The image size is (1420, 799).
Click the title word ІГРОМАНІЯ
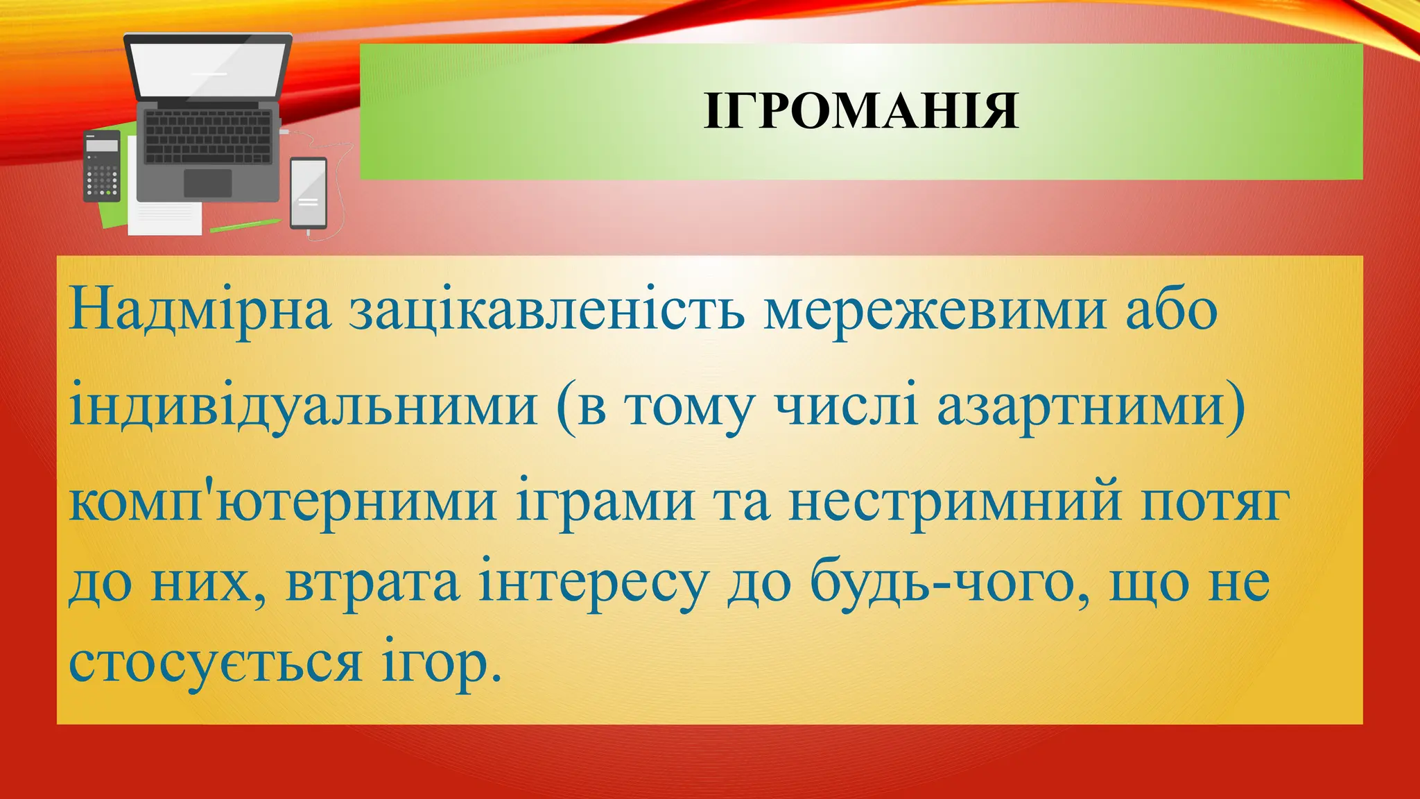[861, 112]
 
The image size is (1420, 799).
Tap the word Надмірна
[200, 310]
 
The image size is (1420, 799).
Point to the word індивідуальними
[304, 406]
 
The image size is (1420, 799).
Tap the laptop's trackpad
[207, 183]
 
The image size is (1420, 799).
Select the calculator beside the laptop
[101, 166]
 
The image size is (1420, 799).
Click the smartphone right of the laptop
[309, 193]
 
